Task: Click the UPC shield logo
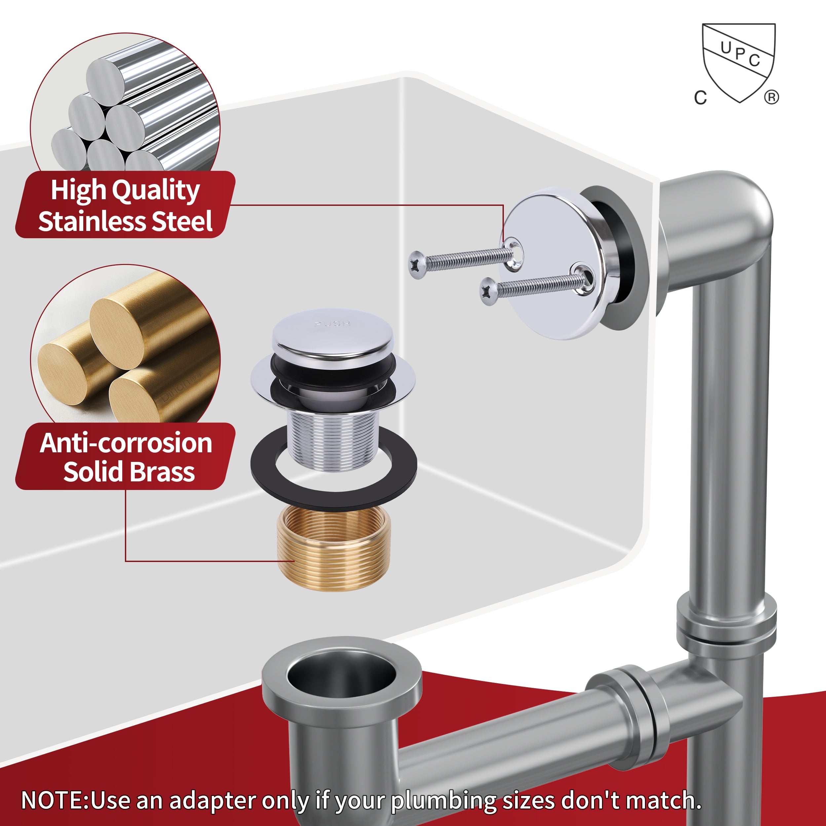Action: pos(739,62)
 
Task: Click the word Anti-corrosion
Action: pos(126,443)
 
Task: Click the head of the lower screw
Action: pos(488,292)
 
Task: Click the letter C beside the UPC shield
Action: pos(700,98)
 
